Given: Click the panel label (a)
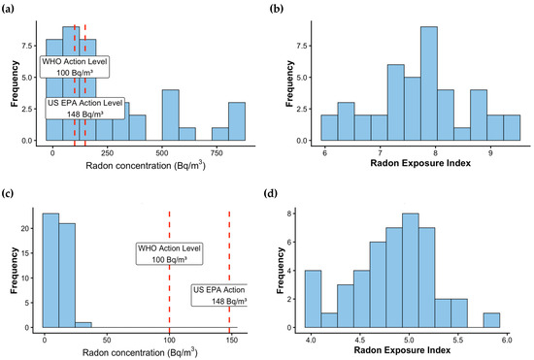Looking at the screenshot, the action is click(x=8, y=9).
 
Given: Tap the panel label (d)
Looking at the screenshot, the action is click(x=271, y=194).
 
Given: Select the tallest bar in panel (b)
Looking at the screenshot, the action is click(x=429, y=83).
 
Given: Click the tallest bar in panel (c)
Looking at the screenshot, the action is click(x=50, y=271).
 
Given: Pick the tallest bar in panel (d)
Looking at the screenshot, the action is click(x=411, y=271).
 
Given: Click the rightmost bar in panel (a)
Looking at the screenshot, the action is click(x=237, y=121).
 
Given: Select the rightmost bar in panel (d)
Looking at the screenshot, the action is click(x=491, y=320).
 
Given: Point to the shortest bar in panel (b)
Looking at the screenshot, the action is click(x=462, y=134).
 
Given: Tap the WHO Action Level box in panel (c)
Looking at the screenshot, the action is click(x=169, y=254).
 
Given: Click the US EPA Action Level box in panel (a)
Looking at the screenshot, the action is click(x=84, y=109).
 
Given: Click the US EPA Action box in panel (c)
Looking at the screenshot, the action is click(x=219, y=295).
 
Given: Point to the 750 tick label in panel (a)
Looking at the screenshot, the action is click(x=217, y=153).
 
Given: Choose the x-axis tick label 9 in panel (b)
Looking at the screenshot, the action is click(x=490, y=153).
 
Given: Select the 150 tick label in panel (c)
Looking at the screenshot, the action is click(x=232, y=341).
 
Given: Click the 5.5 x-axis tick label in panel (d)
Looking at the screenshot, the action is click(x=458, y=341).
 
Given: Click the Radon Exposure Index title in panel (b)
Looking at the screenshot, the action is click(x=420, y=163).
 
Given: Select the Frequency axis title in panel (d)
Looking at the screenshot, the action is click(x=281, y=271).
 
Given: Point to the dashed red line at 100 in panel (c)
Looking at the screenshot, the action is click(x=169, y=270).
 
